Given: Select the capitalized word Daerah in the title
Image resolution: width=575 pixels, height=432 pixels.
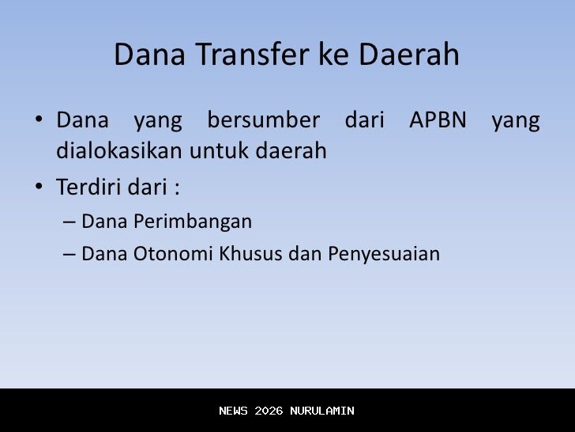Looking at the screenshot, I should pyautogui.click(x=409, y=55).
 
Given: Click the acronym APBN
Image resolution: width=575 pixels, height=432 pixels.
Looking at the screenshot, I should pyautogui.click(x=438, y=121).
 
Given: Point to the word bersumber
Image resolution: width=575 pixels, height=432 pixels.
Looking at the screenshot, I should pyautogui.click(x=263, y=121).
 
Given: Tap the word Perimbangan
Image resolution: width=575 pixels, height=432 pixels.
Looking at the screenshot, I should pyautogui.click(x=193, y=222).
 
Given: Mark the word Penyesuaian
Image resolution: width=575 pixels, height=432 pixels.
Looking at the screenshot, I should pyautogui.click(x=384, y=254).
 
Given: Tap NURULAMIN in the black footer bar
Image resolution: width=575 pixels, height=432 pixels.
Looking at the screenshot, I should pyautogui.click(x=322, y=411).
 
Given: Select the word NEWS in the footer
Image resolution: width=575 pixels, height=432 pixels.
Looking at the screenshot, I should pyautogui.click(x=233, y=411).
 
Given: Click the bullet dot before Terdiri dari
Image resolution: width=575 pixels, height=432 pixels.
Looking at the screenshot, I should pyautogui.click(x=38, y=188).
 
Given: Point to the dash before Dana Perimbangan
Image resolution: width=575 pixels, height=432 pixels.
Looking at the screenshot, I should pyautogui.click(x=69, y=222).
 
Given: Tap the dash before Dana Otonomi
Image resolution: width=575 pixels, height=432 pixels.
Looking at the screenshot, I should pyautogui.click(x=69, y=254).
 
